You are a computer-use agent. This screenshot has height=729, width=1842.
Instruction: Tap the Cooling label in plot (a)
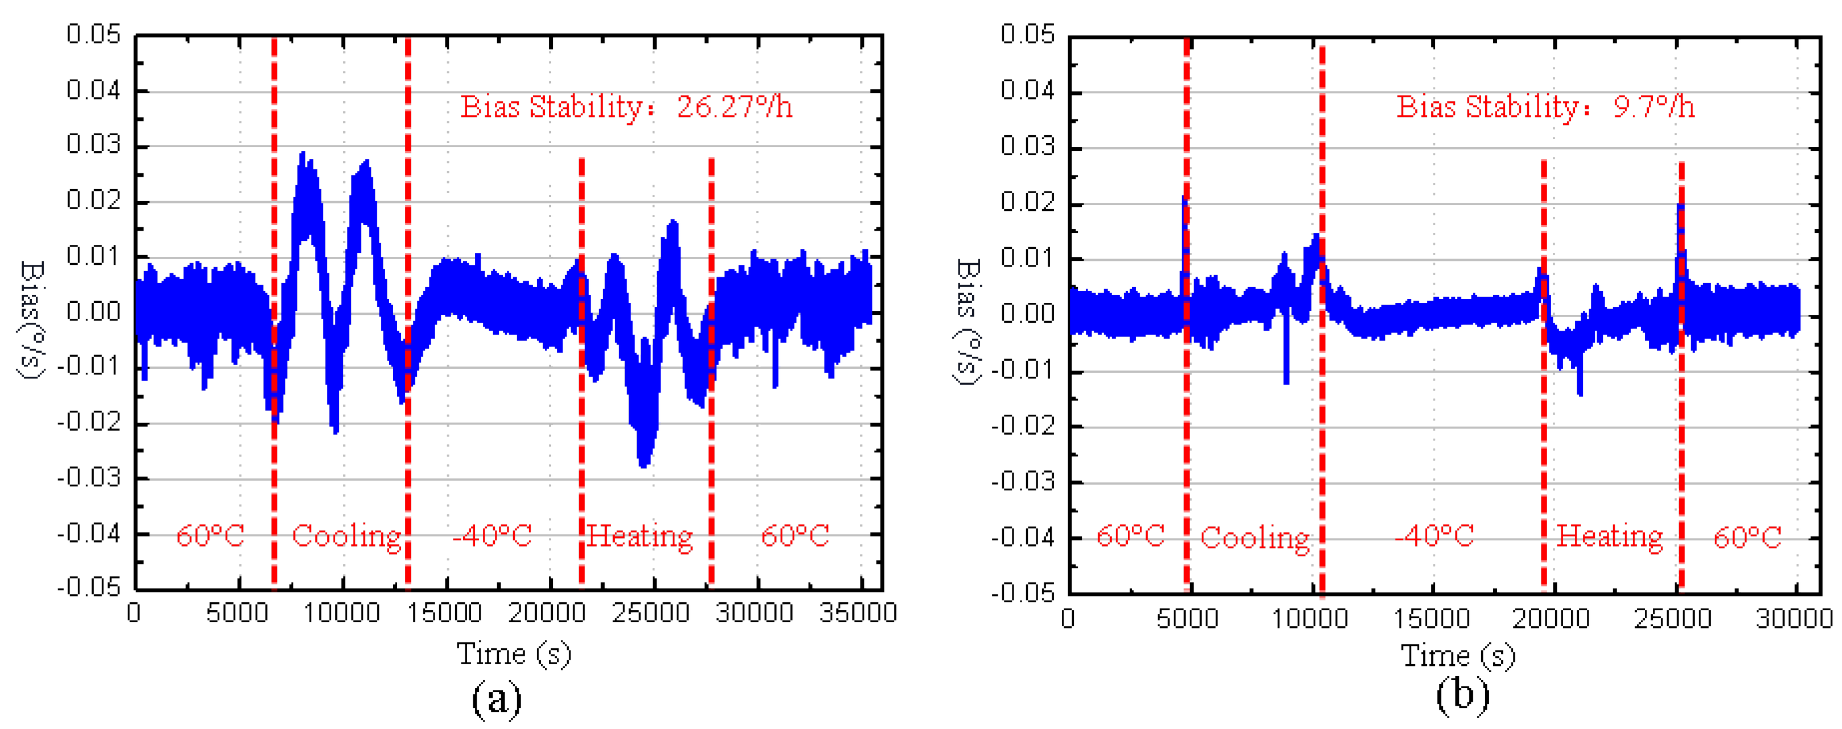coord(347,536)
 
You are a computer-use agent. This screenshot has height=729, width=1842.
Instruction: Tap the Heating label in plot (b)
coord(1610,536)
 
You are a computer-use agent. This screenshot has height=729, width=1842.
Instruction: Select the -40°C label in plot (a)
coord(492,536)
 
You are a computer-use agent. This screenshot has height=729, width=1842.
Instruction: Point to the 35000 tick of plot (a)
coord(858,613)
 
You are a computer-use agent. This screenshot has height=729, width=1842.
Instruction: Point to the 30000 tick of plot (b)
coord(1793,618)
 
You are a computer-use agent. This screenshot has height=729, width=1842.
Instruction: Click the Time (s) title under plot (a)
coord(514,654)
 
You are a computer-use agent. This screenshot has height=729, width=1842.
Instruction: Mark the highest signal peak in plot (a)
coord(303,155)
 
